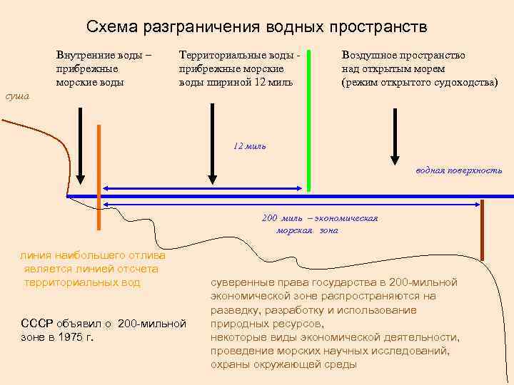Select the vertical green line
pos(308,121)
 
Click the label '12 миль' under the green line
pos(249,145)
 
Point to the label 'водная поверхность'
pos(458,170)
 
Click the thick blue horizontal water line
pos(286,196)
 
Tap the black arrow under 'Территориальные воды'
pos(211,143)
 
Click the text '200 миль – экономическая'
pos(320,218)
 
